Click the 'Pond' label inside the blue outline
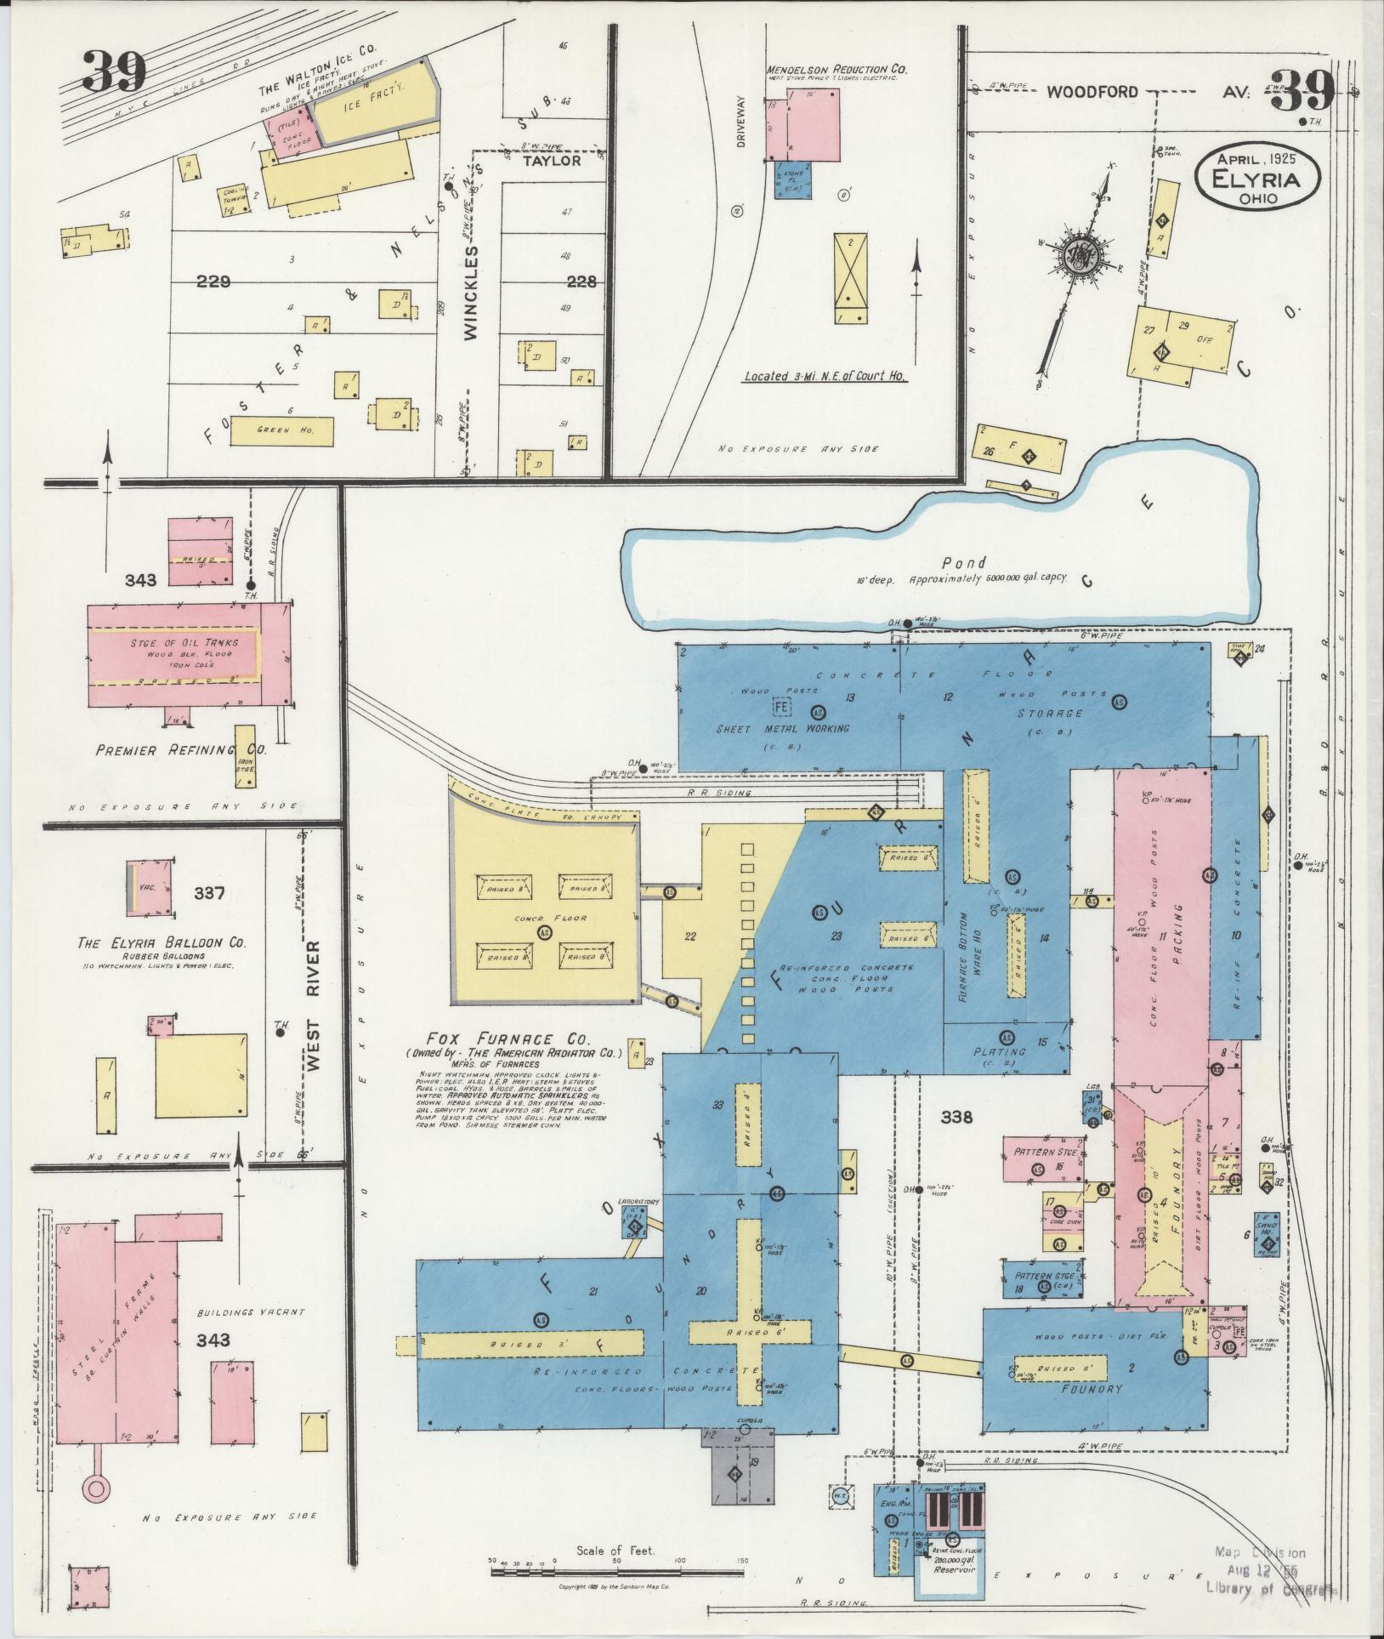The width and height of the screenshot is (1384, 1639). [x=964, y=562]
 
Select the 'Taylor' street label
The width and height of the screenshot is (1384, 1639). [x=551, y=160]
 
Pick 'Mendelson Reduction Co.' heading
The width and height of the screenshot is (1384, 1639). [x=837, y=68]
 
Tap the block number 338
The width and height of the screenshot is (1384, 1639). [x=956, y=1117]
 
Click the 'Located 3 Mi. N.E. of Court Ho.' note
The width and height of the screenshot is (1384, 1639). [x=825, y=376]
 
